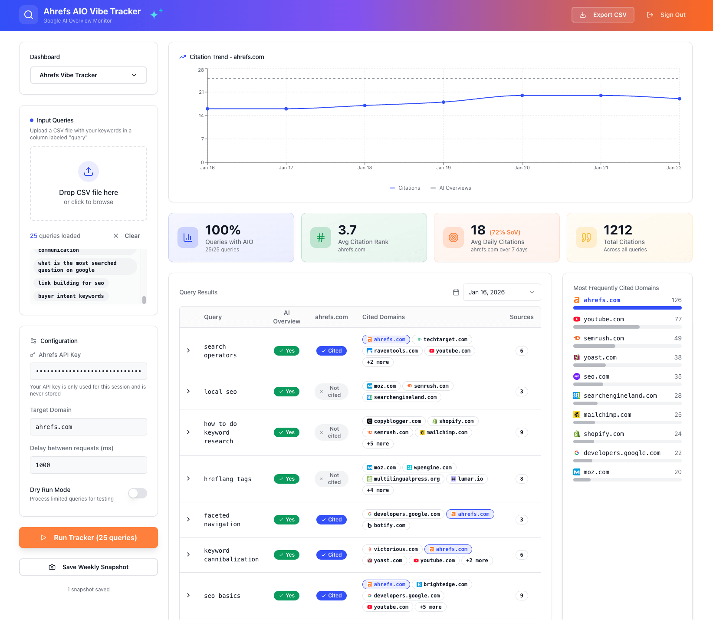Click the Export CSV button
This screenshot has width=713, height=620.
(603, 15)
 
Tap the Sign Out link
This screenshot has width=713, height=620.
(667, 15)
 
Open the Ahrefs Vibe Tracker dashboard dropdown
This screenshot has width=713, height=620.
(89, 75)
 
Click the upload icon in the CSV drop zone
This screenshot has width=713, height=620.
(89, 171)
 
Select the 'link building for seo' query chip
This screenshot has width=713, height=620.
(71, 283)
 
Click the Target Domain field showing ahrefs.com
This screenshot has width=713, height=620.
(89, 427)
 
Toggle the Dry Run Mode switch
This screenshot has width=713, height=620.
(138, 493)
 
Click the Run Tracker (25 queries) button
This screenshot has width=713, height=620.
(89, 538)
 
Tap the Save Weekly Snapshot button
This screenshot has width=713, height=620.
(89, 567)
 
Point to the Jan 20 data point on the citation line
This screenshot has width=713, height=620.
(522, 96)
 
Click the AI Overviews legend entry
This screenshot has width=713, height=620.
(451, 188)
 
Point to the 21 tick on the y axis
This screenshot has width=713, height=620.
(201, 92)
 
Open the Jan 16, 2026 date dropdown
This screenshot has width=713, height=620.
(502, 292)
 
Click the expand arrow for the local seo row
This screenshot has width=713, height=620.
(188, 391)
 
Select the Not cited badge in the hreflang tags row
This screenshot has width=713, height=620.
(332, 479)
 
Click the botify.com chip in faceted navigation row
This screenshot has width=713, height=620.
(386, 525)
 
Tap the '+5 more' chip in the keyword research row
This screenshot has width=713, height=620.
(378, 444)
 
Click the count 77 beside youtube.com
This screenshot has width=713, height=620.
(678, 319)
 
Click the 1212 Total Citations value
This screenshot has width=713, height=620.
(618, 230)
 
